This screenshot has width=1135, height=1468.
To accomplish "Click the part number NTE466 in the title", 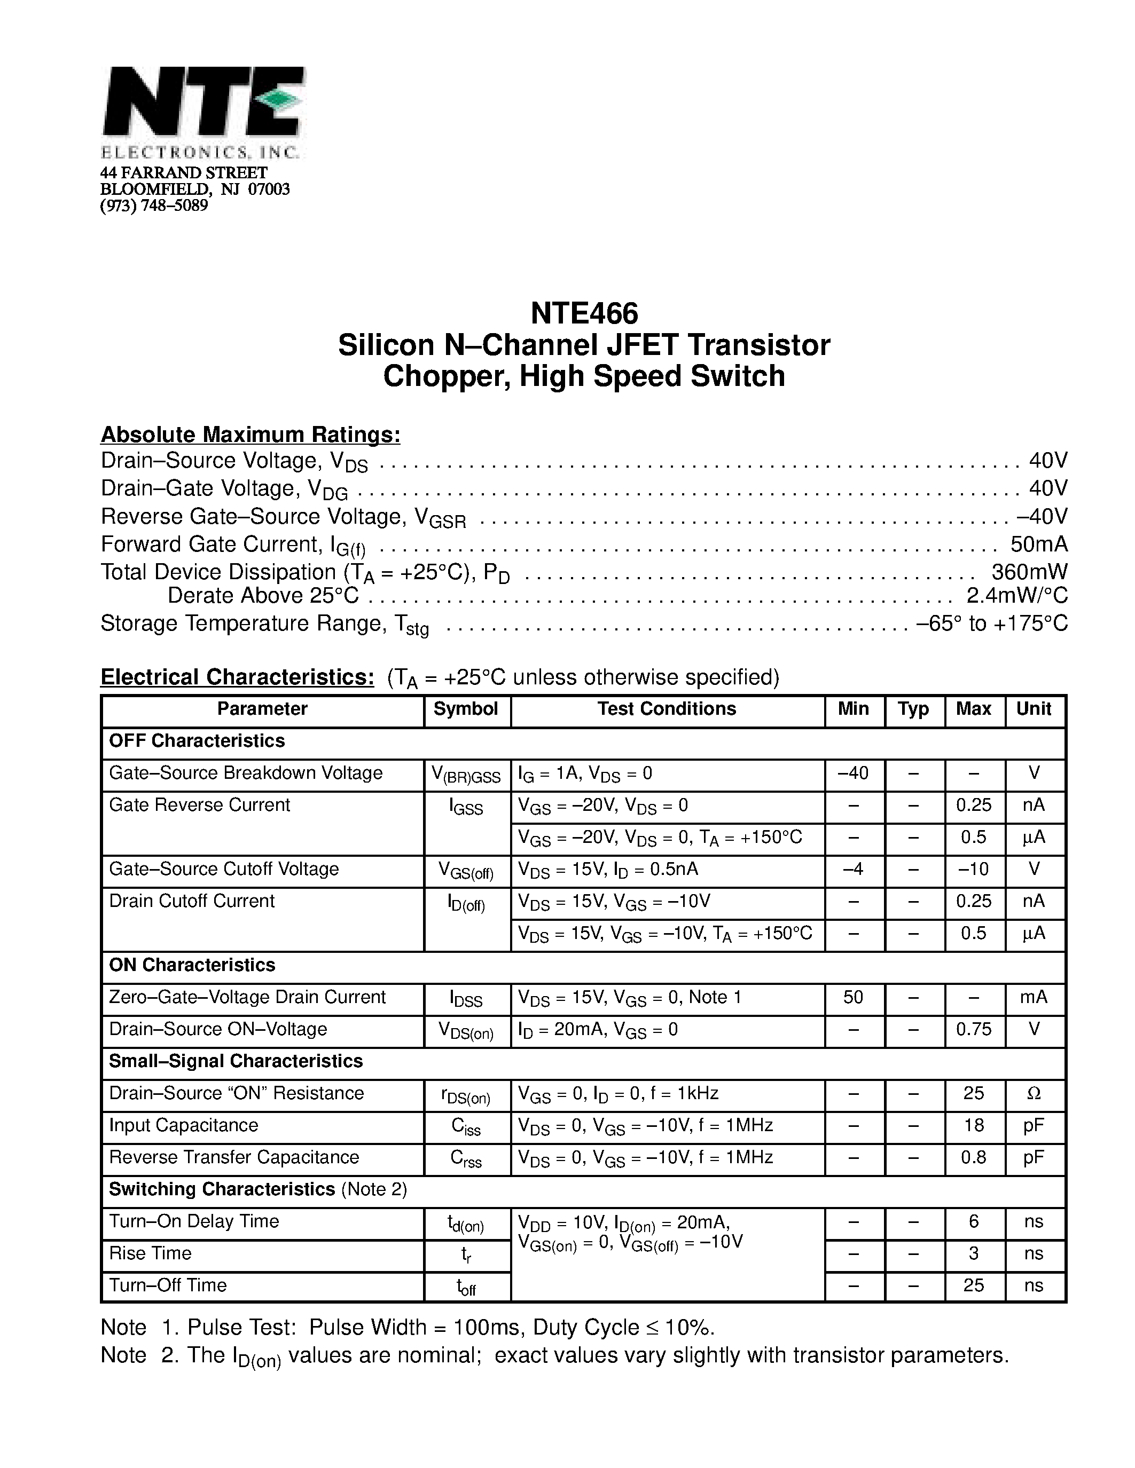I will (584, 313).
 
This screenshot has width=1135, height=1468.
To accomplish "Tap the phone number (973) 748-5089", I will (154, 206).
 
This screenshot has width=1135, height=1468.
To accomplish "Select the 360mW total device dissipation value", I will (1029, 572).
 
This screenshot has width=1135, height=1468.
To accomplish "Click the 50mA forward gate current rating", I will (1038, 544).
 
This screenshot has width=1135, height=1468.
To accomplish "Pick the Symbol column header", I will (465, 709).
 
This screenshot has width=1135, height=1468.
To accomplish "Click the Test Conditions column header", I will (667, 709).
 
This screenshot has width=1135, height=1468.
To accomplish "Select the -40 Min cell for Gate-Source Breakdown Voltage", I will (852, 773).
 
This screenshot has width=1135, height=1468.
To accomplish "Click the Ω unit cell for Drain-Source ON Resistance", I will (1034, 1094).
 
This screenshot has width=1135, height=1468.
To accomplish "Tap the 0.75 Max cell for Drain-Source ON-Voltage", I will (973, 1029).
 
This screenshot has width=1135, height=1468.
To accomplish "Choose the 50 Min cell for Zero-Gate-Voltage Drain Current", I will (852, 998).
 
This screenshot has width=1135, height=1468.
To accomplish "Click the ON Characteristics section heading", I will (192, 965).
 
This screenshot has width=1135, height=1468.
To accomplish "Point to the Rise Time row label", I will (151, 1253).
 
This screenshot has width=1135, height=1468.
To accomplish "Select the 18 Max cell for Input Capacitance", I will (973, 1125).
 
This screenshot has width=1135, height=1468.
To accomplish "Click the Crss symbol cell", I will (466, 1159).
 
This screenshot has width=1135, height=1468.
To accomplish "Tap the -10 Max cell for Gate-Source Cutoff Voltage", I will (973, 869).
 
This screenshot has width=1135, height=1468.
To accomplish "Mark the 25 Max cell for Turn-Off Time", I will (973, 1285).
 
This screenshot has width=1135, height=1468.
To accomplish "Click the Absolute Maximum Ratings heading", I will (250, 435).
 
